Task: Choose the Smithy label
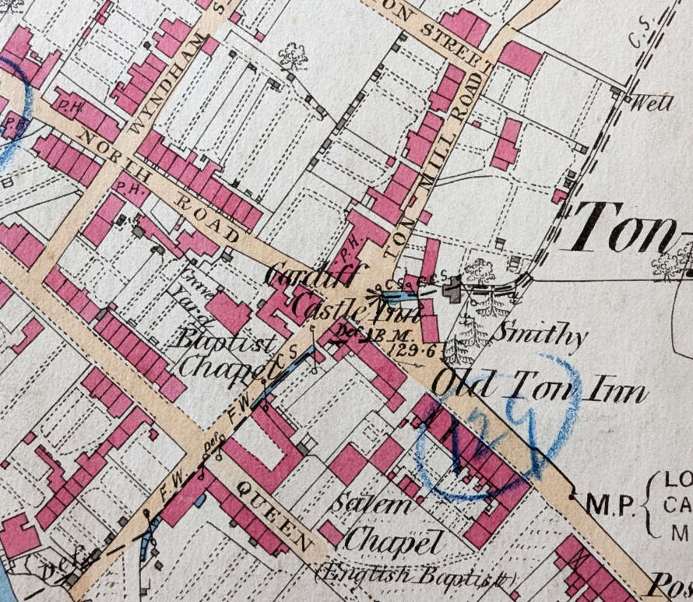pos(543,336)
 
